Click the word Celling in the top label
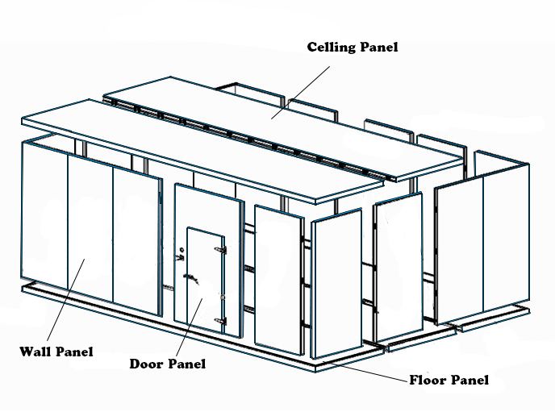[331, 48]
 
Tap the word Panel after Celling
[378, 47]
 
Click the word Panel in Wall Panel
[74, 352]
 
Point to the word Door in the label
[145, 364]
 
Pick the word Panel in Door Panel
[186, 364]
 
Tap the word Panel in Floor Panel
[469, 380]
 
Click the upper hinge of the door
[220, 250]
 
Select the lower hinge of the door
[220, 321]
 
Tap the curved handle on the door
[190, 278]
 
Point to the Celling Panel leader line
[301, 93]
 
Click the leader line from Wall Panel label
[65, 300]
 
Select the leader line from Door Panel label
[189, 327]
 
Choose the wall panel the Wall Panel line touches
[90, 232]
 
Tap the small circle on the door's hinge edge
[223, 298]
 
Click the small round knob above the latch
[182, 249]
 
